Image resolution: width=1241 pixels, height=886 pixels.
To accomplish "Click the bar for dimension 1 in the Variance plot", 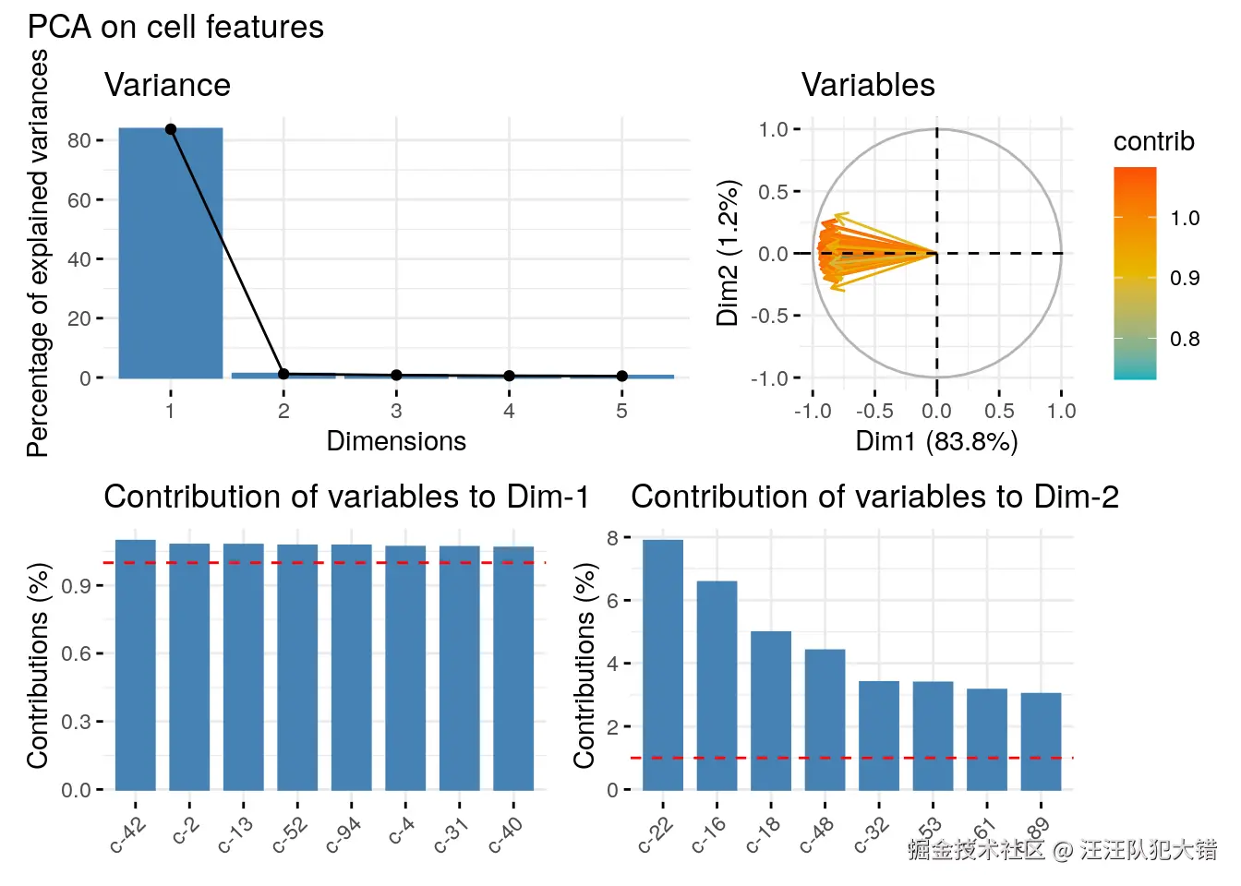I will coord(171,253).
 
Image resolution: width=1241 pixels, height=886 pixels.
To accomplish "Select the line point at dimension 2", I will coord(283,374).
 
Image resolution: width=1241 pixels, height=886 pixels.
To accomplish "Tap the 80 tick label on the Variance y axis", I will coord(79,140).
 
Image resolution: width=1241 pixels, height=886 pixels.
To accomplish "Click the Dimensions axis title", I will coord(396,441).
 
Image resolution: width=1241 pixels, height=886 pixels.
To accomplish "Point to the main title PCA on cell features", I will coord(175,27).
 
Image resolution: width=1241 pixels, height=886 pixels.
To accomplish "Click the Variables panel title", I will coord(868,85).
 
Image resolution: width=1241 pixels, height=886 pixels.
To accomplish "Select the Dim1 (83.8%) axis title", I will coord(936,441).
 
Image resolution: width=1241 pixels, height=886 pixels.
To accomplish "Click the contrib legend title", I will coord(1153,141).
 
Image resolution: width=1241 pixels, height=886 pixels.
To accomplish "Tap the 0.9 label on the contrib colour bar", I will coord(1185,278).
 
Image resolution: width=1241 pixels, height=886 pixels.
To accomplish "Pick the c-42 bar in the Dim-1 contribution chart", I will coord(136,664).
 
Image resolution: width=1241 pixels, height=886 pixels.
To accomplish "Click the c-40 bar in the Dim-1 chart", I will coord(513,668).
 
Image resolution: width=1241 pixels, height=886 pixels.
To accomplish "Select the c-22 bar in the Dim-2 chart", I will coord(663,664).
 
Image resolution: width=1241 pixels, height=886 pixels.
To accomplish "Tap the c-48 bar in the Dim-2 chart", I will coord(825,719).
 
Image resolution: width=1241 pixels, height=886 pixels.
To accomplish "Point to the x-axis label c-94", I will coord(343,835).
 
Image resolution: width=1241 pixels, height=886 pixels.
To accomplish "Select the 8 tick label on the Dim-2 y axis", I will coord(613,537).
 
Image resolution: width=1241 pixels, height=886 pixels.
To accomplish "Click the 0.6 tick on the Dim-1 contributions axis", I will coord(76,653).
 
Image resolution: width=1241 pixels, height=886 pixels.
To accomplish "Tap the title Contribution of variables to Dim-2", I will coord(874,497).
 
